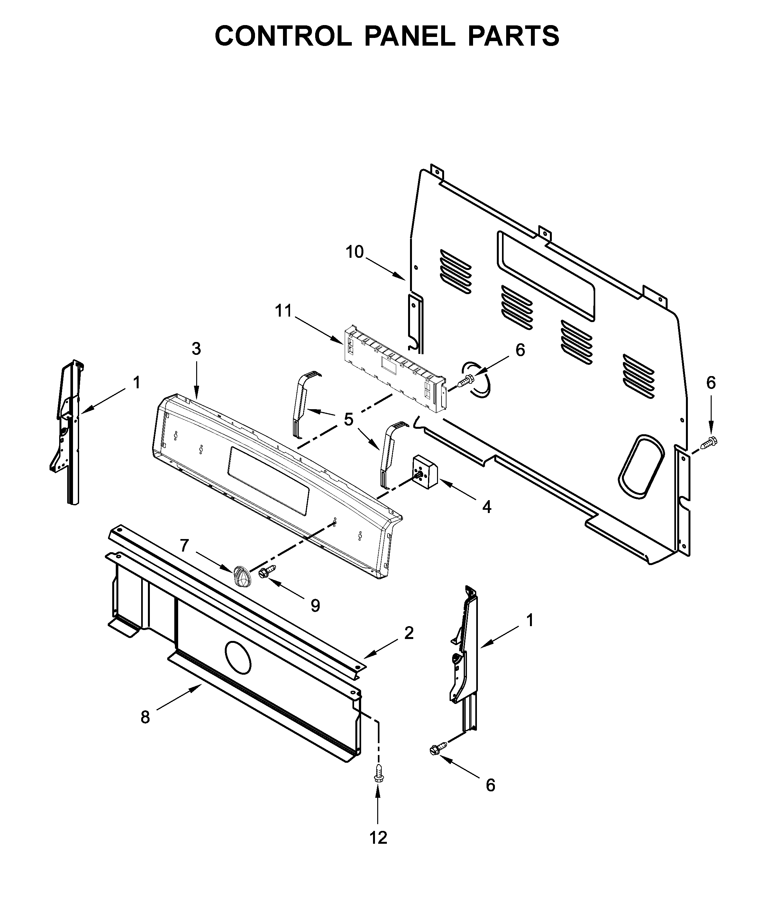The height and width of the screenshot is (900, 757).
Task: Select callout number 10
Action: click(x=354, y=252)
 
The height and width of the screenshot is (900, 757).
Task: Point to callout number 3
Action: click(x=196, y=349)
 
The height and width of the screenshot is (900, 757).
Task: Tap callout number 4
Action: click(x=486, y=507)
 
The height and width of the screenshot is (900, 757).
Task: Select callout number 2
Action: click(x=408, y=633)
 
